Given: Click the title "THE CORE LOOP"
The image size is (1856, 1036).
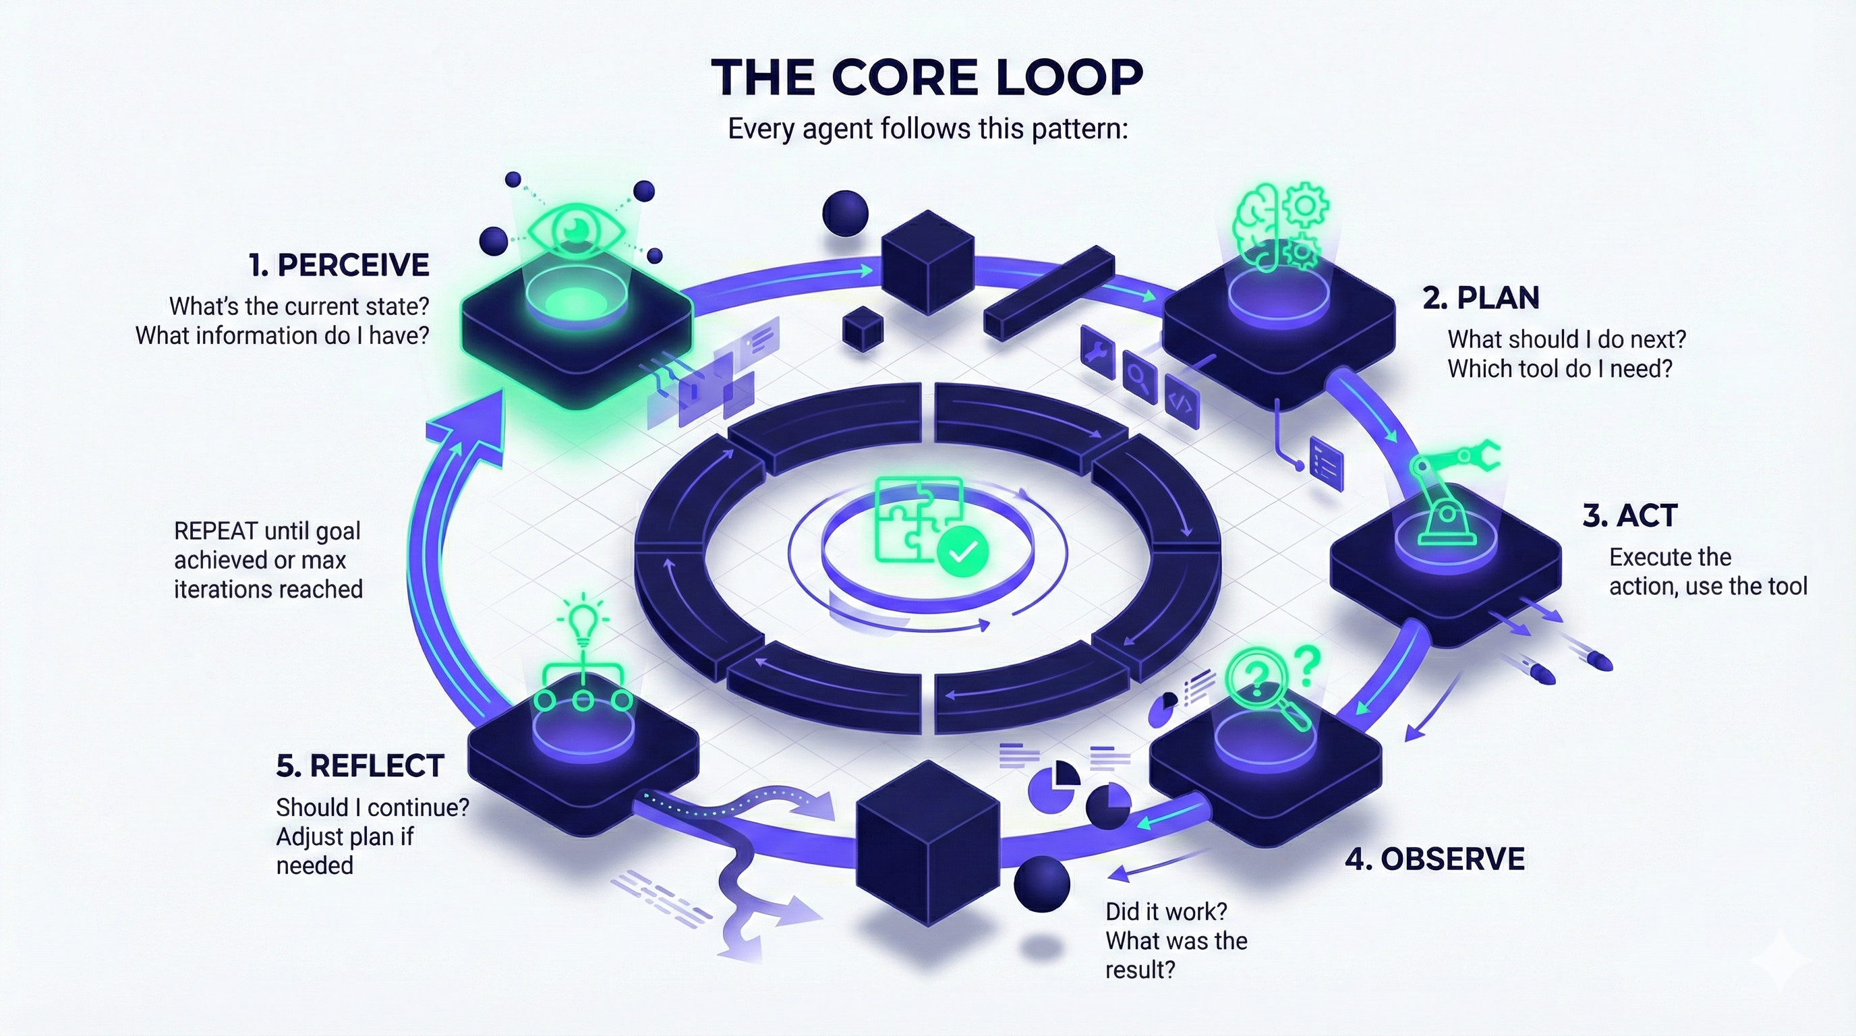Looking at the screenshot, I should (x=927, y=77).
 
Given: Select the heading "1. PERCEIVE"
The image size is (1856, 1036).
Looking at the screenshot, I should (x=339, y=265).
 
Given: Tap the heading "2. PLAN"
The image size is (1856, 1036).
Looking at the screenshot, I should (x=1480, y=298).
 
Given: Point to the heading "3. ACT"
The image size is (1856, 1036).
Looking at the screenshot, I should (x=1630, y=516).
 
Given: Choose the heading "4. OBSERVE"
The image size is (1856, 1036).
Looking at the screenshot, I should (x=1434, y=859).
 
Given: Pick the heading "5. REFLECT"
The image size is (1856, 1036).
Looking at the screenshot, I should (x=359, y=766).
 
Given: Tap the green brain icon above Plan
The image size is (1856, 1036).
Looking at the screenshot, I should (x=1261, y=225).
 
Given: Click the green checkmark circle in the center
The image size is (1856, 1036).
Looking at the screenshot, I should (x=962, y=552).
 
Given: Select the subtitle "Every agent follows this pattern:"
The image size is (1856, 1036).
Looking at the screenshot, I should (x=927, y=129).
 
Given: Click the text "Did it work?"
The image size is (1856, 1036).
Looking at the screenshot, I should (x=1166, y=912).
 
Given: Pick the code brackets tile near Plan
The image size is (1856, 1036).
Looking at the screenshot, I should (x=1181, y=402).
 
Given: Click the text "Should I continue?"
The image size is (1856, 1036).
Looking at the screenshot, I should (x=372, y=807).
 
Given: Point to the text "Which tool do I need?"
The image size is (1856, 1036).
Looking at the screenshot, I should (x=1559, y=369).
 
